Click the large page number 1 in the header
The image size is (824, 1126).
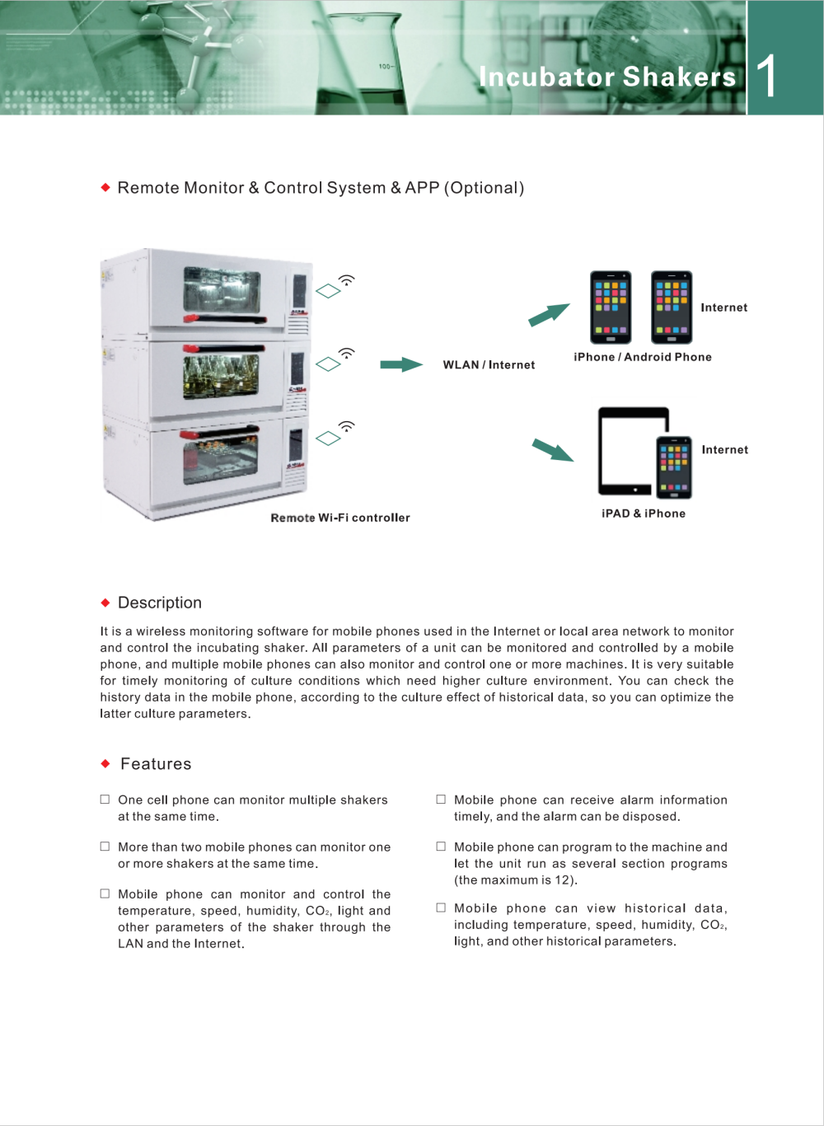(766, 76)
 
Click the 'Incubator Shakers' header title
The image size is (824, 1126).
(607, 77)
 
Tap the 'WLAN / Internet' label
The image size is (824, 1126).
(489, 365)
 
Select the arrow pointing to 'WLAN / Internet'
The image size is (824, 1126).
(401, 364)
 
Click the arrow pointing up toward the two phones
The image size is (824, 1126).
(549, 315)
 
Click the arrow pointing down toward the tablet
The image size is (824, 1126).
(553, 449)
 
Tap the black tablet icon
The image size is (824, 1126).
(628, 451)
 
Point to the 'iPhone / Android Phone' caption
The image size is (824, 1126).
(643, 357)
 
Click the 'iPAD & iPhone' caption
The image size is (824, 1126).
(643, 514)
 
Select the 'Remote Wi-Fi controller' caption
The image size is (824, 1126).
(340, 518)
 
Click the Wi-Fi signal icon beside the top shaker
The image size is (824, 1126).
(347, 279)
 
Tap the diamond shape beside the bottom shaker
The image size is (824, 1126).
(328, 439)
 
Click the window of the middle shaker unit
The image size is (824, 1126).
(221, 377)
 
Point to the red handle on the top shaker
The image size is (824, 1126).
(225, 319)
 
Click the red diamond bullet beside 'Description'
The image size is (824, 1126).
(105, 603)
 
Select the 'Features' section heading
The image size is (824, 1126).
(156, 764)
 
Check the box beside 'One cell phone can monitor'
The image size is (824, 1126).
(105, 800)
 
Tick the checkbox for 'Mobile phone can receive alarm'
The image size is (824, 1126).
(441, 800)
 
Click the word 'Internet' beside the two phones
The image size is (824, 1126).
(724, 307)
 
